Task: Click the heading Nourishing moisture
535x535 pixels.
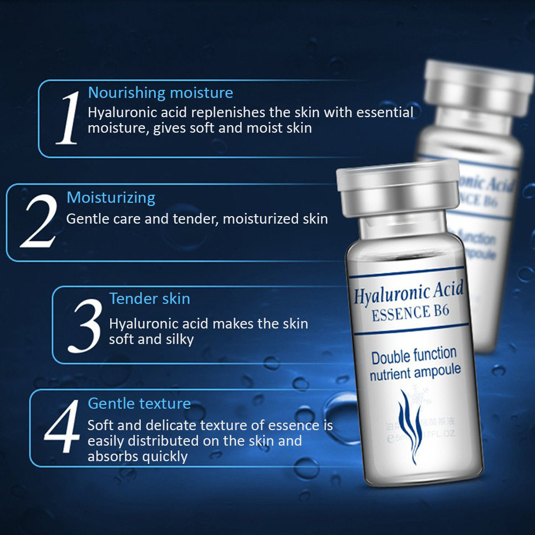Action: click(x=160, y=93)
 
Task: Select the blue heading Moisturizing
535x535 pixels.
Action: click(x=111, y=197)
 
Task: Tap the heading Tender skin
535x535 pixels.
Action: click(x=150, y=299)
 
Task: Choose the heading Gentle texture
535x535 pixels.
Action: click(x=139, y=403)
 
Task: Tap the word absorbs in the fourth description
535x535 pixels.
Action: click(x=111, y=456)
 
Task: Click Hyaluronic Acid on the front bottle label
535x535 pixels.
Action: click(x=409, y=293)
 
